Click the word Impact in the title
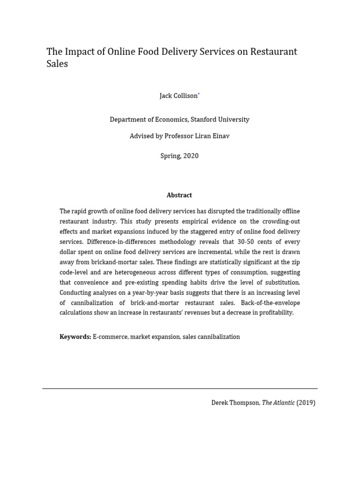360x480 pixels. [77, 52]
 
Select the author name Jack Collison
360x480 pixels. [179, 96]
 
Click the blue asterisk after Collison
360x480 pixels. [199, 94]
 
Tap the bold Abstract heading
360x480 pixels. [180, 195]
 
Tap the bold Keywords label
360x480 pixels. [75, 337]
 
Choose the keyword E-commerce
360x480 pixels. [110, 337]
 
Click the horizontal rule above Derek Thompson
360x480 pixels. [180, 389]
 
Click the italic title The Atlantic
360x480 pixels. [278, 403]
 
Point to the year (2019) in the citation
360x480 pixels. [306, 403]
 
